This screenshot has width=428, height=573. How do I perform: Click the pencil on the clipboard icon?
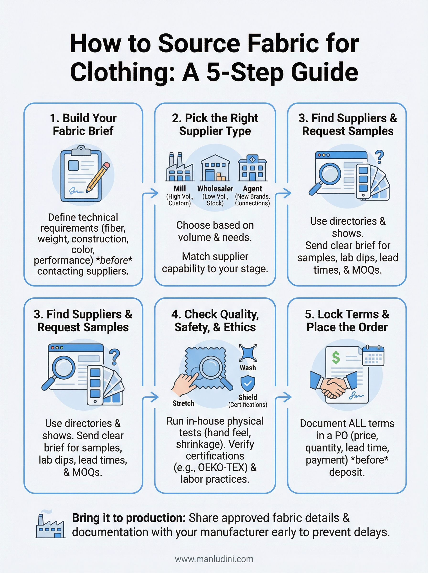coord(98,177)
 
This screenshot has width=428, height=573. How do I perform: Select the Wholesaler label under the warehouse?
coord(215,189)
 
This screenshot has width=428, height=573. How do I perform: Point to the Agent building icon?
coord(252,168)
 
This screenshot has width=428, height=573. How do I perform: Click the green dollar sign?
coord(336,358)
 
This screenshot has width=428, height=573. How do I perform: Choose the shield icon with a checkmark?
coord(248,383)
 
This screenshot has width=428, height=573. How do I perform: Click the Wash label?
coord(248,368)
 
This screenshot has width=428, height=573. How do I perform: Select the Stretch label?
coord(183,403)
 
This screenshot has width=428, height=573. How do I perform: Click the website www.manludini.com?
coord(214,559)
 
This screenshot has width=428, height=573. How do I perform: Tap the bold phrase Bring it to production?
coord(128,518)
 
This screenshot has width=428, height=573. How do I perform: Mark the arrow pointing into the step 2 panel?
coord(151,193)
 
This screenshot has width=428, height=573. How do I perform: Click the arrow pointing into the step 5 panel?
coord(284,397)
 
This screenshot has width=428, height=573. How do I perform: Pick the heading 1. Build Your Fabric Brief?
coord(83,125)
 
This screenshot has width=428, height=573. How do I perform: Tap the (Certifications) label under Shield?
coord(248,405)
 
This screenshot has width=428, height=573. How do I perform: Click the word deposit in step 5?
coord(347,472)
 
